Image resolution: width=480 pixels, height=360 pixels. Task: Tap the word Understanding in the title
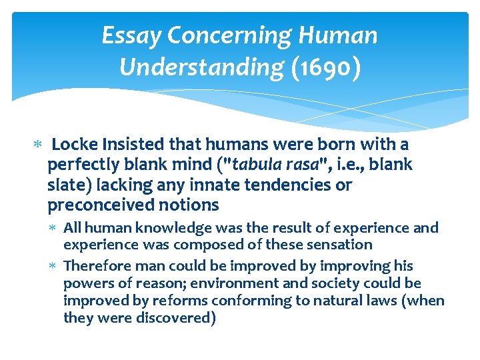pos(201,67)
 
